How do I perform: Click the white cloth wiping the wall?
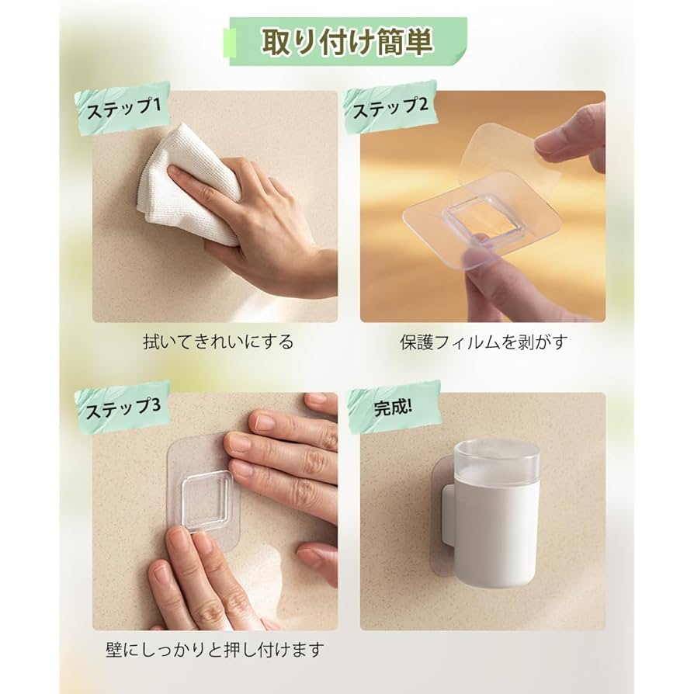click(186, 182)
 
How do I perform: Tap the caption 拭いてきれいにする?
click(218, 341)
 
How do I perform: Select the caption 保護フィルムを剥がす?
click(484, 341)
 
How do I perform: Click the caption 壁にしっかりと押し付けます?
click(213, 648)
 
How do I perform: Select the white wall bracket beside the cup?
click(447, 512)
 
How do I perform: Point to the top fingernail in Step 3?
click(317, 398)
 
